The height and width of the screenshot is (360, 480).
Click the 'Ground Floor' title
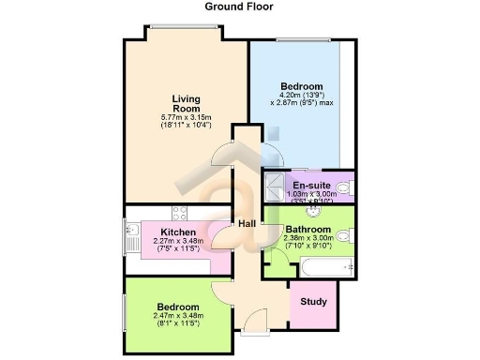click(x=240, y=7)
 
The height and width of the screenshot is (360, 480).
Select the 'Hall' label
click(x=247, y=223)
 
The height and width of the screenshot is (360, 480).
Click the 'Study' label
click(x=314, y=302)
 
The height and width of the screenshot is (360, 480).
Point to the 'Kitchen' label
click(x=178, y=232)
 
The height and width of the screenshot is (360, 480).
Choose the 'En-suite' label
click(x=310, y=185)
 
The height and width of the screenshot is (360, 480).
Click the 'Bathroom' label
click(x=308, y=229)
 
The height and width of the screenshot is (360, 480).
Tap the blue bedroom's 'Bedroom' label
click(x=302, y=86)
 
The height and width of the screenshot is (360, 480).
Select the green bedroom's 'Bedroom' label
click(x=177, y=307)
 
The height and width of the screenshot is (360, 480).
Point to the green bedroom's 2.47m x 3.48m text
click(x=177, y=316)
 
